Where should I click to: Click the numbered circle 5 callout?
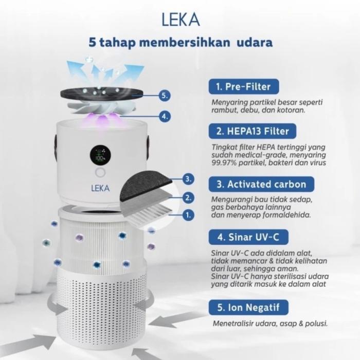point(164,95)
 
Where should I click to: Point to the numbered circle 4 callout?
point(164,116)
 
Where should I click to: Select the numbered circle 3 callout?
point(189,179)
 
